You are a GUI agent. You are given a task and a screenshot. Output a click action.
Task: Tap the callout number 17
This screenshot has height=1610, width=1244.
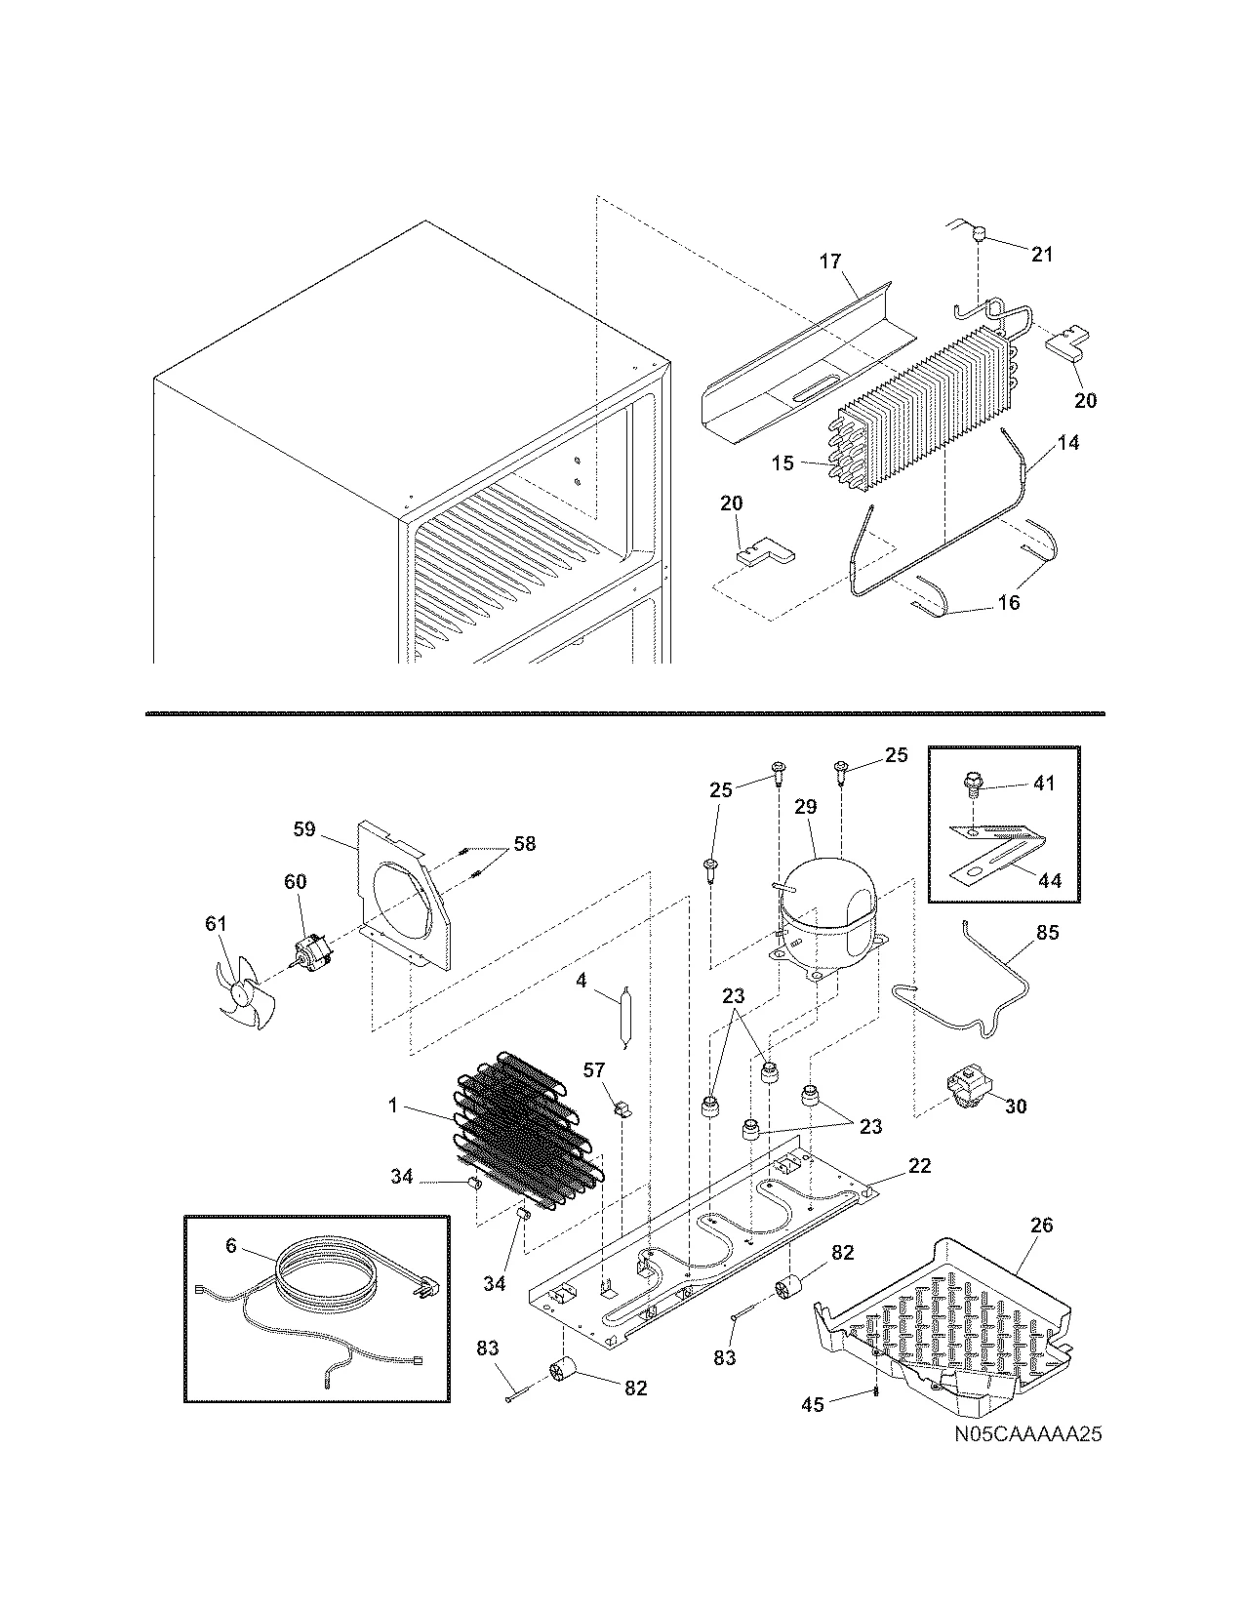pyautogui.click(x=829, y=262)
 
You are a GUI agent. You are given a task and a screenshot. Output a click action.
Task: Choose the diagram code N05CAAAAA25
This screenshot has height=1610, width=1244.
pyautogui.click(x=1021, y=1435)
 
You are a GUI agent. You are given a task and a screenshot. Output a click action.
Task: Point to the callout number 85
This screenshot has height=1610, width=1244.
pyautogui.click(x=1047, y=932)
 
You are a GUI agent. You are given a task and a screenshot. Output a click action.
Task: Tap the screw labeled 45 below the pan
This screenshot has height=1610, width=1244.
pyautogui.click(x=877, y=1389)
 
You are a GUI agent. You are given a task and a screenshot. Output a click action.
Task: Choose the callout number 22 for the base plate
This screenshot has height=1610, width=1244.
pyautogui.click(x=919, y=1165)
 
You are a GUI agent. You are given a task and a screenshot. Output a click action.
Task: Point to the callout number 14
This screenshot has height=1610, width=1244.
pyautogui.click(x=1068, y=442)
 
